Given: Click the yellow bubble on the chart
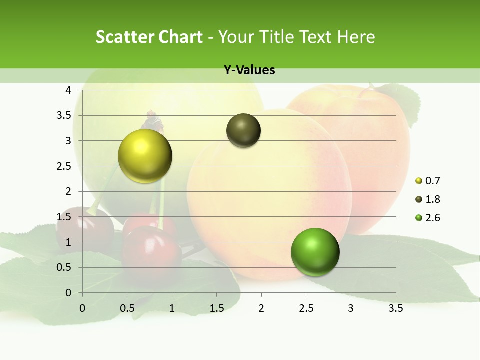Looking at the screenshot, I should [145, 156].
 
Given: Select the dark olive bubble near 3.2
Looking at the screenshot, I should [244, 130].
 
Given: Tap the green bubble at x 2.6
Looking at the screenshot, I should [315, 252].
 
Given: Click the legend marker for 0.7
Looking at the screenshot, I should [419, 181].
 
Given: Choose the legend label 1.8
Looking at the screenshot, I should [433, 199].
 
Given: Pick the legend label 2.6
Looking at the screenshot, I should [433, 218].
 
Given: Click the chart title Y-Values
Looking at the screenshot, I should [249, 70].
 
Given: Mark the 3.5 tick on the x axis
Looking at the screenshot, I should [395, 308].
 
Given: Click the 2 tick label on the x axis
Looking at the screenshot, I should [261, 308].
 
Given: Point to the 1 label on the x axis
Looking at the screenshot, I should [172, 308].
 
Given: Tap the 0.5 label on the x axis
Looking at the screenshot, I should [127, 308].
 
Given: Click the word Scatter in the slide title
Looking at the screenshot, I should [125, 37].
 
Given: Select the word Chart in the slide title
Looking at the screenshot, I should [180, 37].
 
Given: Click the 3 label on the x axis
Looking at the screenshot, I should [351, 308].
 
